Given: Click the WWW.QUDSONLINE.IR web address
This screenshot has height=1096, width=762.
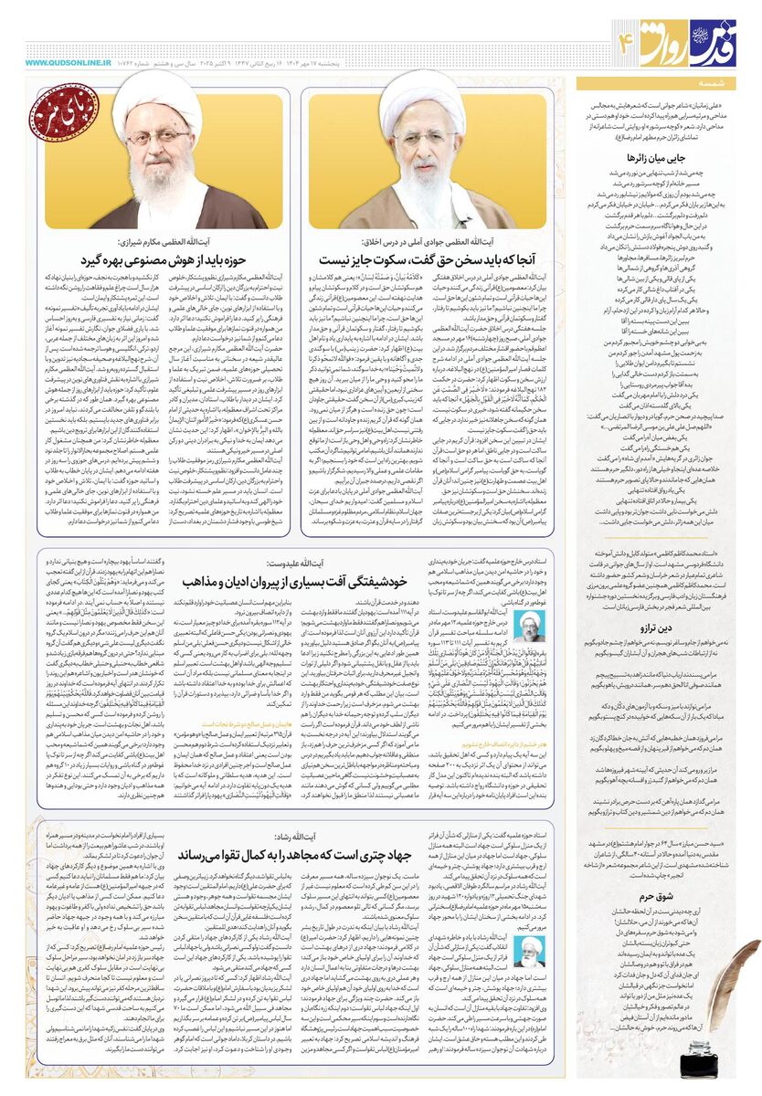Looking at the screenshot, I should click(x=62, y=63).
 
